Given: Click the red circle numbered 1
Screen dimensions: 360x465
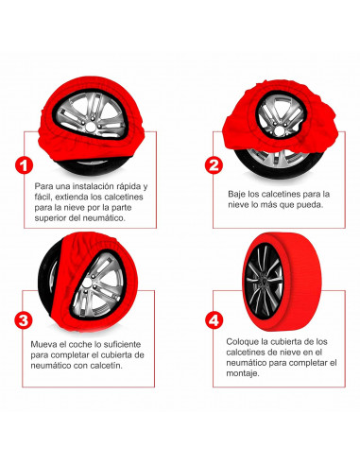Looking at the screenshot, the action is click(x=24, y=165).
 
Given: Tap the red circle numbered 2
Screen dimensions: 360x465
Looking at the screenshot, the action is click(x=214, y=165).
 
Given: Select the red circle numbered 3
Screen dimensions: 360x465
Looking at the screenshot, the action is click(x=24, y=320).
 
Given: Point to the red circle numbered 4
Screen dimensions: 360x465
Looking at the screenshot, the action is click(x=214, y=320).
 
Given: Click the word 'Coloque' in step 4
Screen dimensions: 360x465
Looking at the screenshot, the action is click(x=240, y=342).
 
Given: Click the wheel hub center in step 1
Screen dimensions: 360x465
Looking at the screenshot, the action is click(x=91, y=127).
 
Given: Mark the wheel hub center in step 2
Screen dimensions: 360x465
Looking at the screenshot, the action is click(x=279, y=130).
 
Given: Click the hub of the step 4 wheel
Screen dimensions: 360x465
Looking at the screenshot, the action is click(x=263, y=281).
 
